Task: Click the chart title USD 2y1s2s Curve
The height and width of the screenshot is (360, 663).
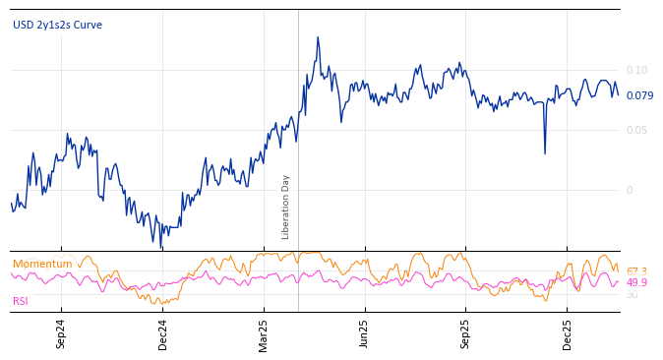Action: pos(57,26)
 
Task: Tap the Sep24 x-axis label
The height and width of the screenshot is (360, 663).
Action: pos(61,334)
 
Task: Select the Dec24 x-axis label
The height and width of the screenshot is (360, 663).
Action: pos(163,334)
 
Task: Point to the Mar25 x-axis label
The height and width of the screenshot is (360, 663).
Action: pos(264,334)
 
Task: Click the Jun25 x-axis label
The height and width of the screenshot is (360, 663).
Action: pos(364,334)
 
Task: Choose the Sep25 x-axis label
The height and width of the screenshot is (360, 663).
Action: pos(465,334)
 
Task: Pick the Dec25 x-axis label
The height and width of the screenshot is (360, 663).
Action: pos(567,334)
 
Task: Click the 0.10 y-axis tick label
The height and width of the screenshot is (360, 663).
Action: pos(636,70)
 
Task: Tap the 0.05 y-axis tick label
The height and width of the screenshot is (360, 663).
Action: pos(636,130)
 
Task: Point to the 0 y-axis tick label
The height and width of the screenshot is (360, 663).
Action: pos(630,190)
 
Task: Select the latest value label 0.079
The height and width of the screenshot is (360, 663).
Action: pos(639,95)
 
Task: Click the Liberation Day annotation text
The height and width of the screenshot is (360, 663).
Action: pos(286,207)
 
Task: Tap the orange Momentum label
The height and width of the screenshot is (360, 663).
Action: pos(42,264)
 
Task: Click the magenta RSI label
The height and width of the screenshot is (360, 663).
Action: pos(21,301)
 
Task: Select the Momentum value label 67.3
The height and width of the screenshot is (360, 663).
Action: pos(636,271)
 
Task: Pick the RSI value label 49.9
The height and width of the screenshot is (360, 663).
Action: pos(636,282)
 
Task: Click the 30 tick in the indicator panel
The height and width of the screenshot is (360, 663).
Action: pos(632,294)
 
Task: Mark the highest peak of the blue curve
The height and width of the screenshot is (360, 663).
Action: pos(318,37)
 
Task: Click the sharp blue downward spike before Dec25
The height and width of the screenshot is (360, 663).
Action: pos(545,152)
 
